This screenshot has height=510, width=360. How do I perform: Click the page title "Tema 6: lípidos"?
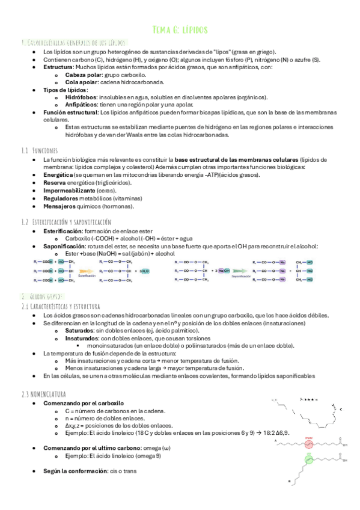click(x=180, y=29)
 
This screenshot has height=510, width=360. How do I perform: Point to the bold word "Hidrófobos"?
click(x=81, y=97)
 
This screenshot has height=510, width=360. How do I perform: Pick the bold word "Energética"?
click(x=59, y=174)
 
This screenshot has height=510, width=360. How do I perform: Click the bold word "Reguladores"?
click(x=62, y=198)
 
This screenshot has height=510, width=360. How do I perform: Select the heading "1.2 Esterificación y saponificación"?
click(x=66, y=222)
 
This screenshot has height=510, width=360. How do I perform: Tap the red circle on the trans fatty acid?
click(x=308, y=445)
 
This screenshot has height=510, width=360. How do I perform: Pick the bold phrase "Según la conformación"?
click(x=75, y=471)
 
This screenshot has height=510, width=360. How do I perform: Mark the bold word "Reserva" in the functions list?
click(x=56, y=182)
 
